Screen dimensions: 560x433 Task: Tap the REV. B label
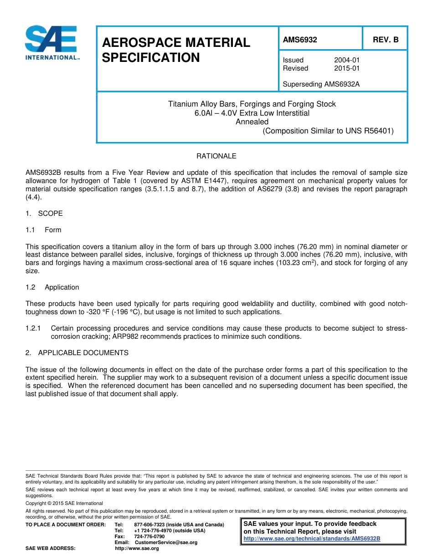(386, 40)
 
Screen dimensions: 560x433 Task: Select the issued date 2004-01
(347, 60)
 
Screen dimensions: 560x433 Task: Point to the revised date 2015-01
(347, 68)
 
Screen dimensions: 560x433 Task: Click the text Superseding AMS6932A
(321, 84)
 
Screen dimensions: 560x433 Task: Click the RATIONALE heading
(216, 156)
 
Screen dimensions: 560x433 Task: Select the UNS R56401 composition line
(328, 131)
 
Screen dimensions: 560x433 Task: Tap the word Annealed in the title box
(252, 122)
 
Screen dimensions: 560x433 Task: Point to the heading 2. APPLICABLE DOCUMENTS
(77, 353)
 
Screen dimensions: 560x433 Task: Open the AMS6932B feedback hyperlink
(312, 539)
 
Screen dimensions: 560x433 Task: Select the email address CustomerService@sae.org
(166, 542)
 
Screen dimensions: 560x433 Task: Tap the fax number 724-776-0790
(149, 536)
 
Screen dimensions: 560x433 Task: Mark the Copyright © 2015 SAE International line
(64, 503)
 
